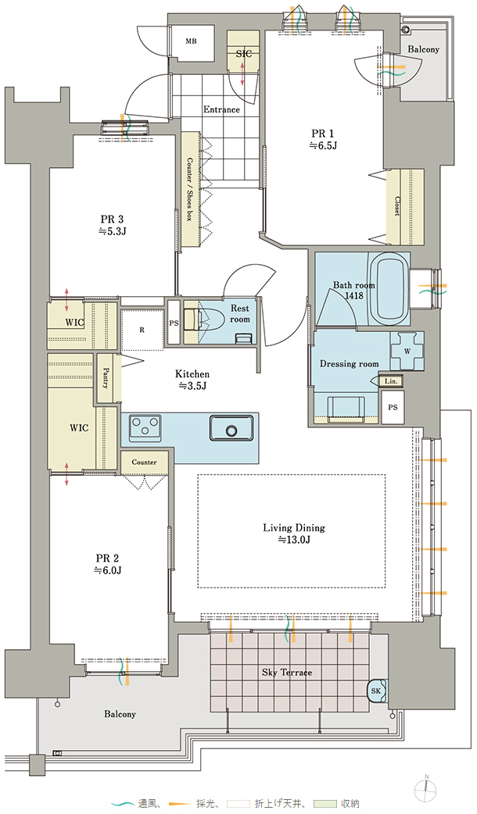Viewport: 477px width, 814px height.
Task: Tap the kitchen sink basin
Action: tap(231, 430)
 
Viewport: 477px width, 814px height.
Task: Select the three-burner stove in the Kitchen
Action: tap(145, 428)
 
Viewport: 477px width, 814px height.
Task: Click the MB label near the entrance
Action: tap(191, 41)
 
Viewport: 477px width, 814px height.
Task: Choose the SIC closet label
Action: tap(244, 53)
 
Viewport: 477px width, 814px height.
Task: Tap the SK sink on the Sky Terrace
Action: tap(376, 691)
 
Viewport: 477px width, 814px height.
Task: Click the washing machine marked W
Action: tap(407, 351)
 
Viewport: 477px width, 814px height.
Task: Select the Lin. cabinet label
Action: tap(391, 381)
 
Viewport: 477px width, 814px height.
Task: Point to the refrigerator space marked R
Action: tap(142, 330)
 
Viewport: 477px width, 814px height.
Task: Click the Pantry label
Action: tap(106, 378)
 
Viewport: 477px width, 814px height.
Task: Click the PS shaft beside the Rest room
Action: tap(174, 323)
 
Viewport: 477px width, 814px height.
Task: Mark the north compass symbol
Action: tap(426, 789)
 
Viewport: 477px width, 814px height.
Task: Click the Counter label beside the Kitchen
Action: tap(144, 462)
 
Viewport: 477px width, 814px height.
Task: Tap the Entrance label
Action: tap(221, 109)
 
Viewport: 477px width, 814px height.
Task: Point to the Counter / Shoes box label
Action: tap(189, 189)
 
